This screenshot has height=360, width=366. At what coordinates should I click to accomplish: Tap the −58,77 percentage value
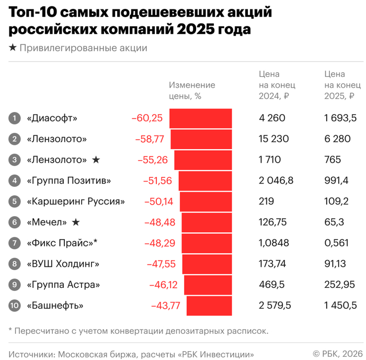150,139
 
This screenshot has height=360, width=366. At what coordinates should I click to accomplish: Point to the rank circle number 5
14,201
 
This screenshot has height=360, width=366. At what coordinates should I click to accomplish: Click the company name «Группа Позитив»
68,181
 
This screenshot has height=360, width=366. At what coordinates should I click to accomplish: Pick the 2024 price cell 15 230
273,139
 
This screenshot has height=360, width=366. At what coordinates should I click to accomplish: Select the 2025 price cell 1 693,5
340,118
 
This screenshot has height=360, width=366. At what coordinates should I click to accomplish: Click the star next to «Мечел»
76,222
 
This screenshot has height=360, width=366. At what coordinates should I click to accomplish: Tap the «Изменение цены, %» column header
192,91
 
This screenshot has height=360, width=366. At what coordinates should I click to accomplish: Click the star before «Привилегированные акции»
13,48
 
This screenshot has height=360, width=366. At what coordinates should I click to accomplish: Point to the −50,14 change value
161,201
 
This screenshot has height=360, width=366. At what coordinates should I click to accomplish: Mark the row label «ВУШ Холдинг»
62,264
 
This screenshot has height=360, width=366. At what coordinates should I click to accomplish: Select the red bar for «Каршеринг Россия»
206,201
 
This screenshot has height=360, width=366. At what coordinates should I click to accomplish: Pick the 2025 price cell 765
333,160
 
